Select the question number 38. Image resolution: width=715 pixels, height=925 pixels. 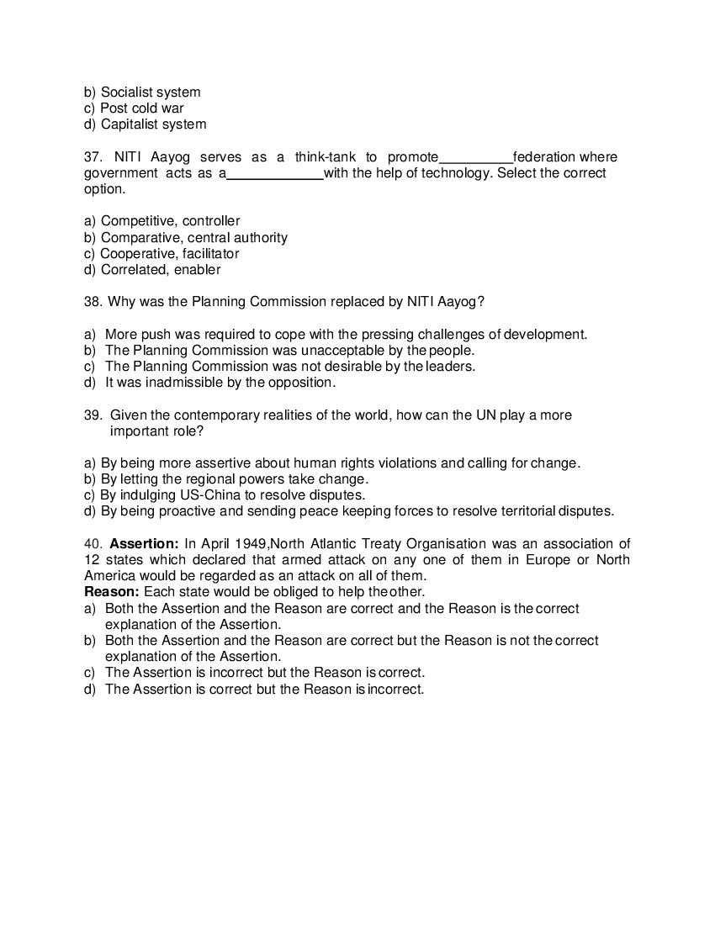tap(93, 302)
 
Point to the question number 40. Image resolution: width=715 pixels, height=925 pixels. tap(93, 544)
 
